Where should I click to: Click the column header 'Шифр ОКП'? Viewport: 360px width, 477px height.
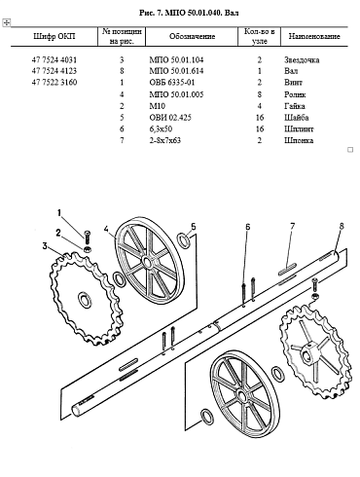[x=54, y=36]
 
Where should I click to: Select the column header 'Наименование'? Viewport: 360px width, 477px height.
[x=314, y=36]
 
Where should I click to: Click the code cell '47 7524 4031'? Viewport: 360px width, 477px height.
[x=54, y=59]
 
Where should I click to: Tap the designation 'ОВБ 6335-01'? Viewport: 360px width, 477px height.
[x=172, y=82]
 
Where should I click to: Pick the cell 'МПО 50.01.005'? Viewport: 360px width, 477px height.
[x=176, y=94]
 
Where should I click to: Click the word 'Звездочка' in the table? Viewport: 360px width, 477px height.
[x=302, y=59]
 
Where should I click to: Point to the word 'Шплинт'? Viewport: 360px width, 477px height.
[x=299, y=128]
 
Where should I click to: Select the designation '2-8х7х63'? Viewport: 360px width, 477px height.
[x=165, y=140]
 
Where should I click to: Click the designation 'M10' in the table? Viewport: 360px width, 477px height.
[x=158, y=106]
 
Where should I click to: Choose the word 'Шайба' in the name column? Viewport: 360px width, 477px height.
[x=297, y=118]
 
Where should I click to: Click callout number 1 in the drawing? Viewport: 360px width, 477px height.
[x=59, y=213]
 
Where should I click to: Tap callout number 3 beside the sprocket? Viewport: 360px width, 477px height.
[x=45, y=246]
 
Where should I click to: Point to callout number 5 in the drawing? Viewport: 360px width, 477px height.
[x=194, y=226]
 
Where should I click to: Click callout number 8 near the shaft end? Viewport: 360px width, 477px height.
[x=342, y=226]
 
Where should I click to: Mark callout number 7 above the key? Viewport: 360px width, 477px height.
[x=293, y=226]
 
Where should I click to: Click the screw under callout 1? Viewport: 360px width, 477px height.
[x=88, y=238]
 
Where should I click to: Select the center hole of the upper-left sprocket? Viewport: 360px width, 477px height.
[x=86, y=299]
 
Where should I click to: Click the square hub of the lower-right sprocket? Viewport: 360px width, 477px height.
[x=309, y=353]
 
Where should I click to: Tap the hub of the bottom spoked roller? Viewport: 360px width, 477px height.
[x=241, y=395]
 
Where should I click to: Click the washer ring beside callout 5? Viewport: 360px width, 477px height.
[x=184, y=240]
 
